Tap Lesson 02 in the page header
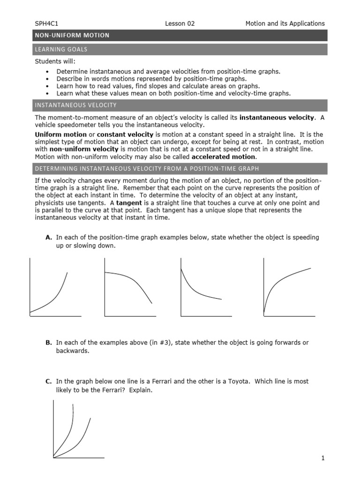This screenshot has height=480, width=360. pyautogui.click(x=180, y=23)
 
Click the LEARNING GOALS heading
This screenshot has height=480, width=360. pyautogui.click(x=61, y=49)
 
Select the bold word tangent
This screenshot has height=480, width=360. pyautogui.click(x=129, y=203)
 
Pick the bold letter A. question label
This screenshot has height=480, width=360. pyautogui.click(x=48, y=238)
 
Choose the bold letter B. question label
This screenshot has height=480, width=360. pyautogui.click(x=48, y=343)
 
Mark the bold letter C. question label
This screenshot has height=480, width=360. pyautogui.click(x=48, y=382)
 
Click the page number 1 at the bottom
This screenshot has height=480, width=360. pyautogui.click(x=323, y=459)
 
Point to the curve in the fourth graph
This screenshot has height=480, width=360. pyautogui.click(x=281, y=279)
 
